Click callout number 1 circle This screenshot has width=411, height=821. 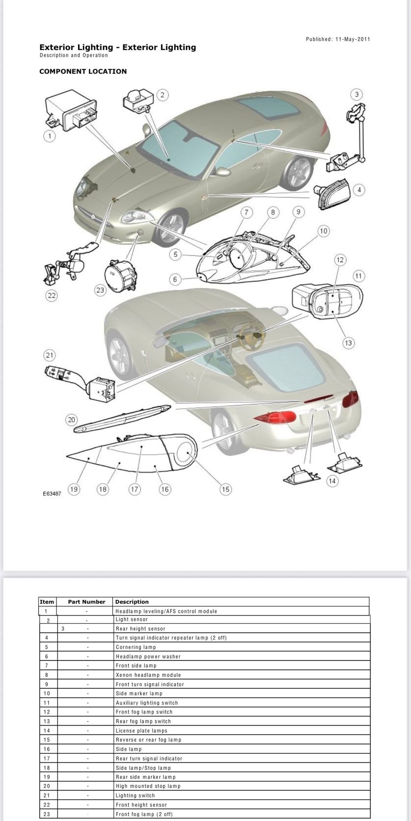point(50,136)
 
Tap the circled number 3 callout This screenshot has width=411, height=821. point(357,94)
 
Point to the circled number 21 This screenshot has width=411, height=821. point(50,355)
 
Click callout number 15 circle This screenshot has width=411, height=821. point(226,489)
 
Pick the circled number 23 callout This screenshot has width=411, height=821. point(100,290)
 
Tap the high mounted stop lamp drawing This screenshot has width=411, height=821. point(122,418)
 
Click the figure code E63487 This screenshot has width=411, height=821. point(52,494)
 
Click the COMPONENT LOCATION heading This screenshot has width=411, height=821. point(83,71)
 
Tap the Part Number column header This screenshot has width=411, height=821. point(87,602)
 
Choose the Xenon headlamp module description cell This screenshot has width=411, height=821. point(148,675)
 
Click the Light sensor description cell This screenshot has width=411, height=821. point(132,619)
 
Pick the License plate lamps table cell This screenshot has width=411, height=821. point(141,731)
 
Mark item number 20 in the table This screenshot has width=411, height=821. point(47,786)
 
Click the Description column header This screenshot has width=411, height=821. point(132,602)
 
